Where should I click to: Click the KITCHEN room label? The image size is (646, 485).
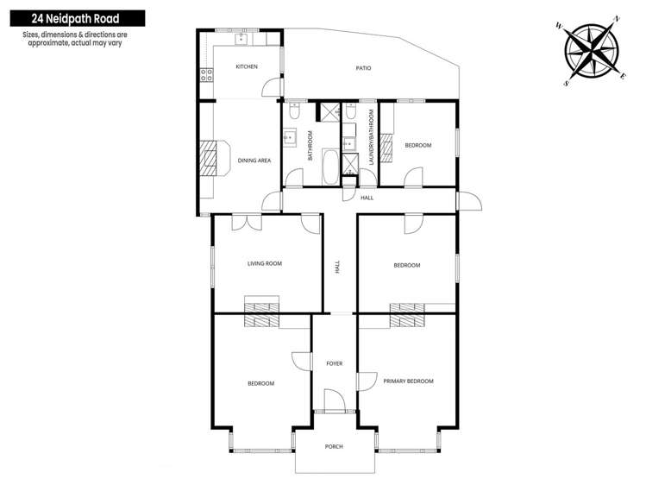(247, 66)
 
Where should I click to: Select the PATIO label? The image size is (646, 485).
(363, 67)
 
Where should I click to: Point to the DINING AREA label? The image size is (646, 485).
(254, 160)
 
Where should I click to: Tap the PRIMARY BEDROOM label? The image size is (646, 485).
(408, 381)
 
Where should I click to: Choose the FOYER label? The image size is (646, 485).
(334, 363)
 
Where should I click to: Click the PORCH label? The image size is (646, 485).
(334, 446)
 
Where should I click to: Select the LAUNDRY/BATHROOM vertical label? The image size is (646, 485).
(371, 137)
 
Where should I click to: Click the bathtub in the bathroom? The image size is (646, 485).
(331, 166)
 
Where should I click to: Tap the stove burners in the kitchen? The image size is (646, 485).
(207, 74)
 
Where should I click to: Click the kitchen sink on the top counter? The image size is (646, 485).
(229, 36)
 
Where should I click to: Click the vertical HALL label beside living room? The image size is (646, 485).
(338, 268)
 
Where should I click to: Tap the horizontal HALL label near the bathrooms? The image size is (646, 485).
(367, 198)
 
